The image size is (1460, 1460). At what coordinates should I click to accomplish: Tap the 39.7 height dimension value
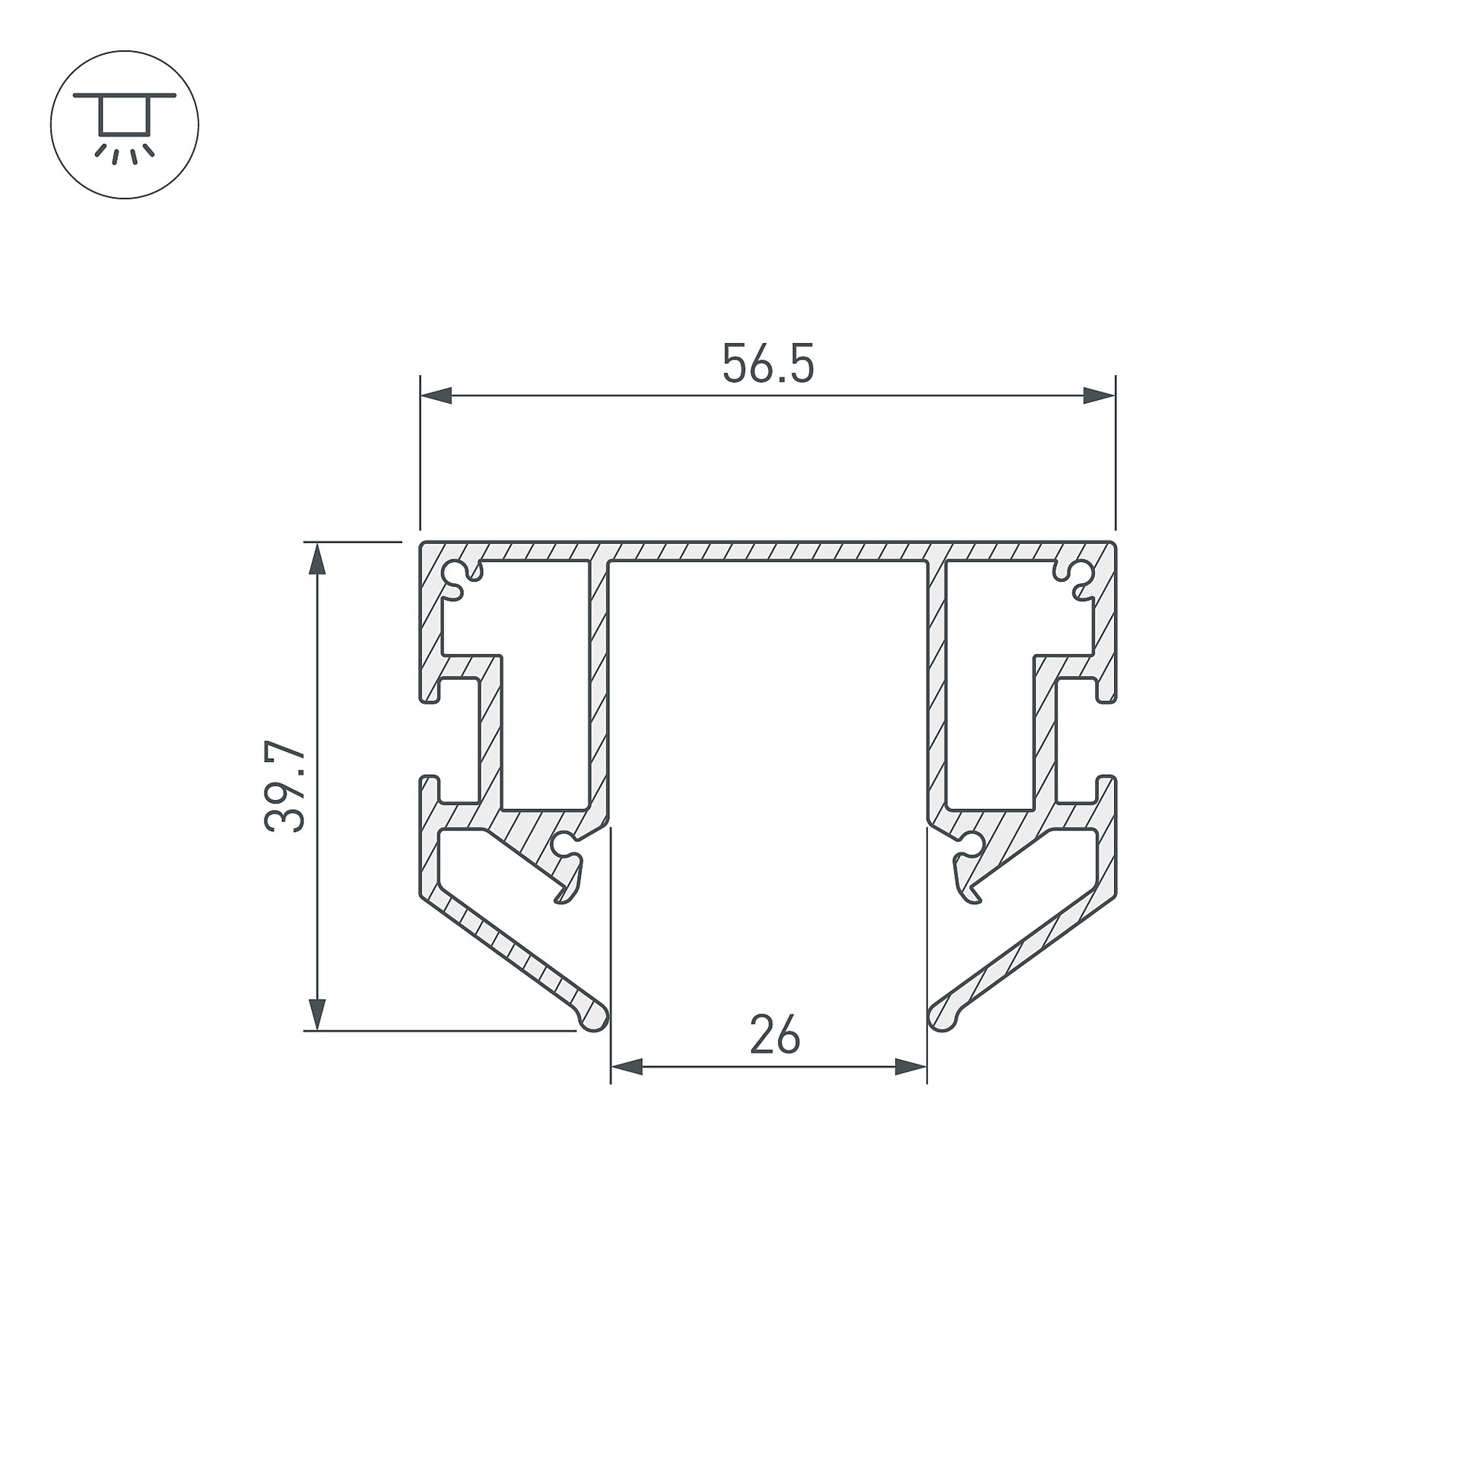(286, 788)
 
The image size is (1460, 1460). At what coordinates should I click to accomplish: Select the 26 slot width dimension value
(775, 1035)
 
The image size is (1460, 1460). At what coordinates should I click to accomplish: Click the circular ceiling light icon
(125, 125)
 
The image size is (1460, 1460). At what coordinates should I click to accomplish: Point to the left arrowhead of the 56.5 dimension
(436, 395)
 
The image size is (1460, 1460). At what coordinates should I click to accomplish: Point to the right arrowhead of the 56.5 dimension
(1100, 395)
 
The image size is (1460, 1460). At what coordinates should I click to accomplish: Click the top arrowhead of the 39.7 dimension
(318, 558)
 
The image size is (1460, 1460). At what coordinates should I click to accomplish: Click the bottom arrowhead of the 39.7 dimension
(318, 1014)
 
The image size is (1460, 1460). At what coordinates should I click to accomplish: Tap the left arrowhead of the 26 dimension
(627, 1068)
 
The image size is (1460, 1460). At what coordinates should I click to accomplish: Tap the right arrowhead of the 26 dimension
(911, 1068)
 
